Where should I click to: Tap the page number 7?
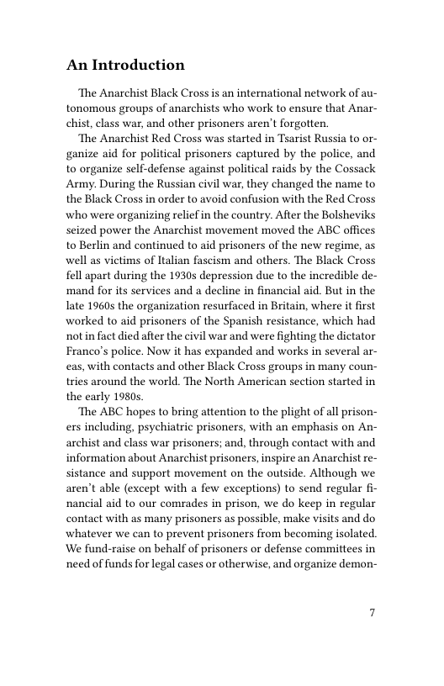click(372, 611)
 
